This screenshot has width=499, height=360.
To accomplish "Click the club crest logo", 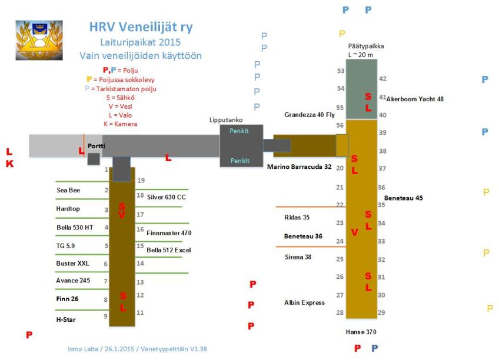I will tap(39, 40).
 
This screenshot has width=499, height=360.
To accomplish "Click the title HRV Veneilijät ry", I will tap(141, 27).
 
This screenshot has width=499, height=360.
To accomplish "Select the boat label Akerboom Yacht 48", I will tap(415, 99).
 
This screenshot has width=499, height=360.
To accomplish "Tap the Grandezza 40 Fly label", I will tap(310, 115).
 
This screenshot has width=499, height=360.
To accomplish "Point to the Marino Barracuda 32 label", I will tap(299, 166).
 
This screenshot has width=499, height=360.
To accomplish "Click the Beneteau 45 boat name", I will tap(403, 198).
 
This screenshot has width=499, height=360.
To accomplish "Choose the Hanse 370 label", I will tap(361, 332).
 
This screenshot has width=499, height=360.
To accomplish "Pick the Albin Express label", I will tap(304, 302).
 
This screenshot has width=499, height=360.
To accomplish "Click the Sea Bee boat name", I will tap(68, 190).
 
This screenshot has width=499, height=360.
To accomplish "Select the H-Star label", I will tap(65, 319).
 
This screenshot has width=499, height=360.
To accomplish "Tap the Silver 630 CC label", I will tap(166, 197).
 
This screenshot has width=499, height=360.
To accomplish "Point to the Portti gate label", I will tap(96, 145).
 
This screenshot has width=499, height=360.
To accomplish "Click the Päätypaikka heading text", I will tap(361, 46).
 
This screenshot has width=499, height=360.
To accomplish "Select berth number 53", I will tap(340, 71).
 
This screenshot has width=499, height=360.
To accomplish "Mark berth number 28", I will tap(340, 312).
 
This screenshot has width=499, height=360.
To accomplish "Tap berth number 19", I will tap(141, 181).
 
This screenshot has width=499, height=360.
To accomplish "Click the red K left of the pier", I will tap(9, 164).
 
